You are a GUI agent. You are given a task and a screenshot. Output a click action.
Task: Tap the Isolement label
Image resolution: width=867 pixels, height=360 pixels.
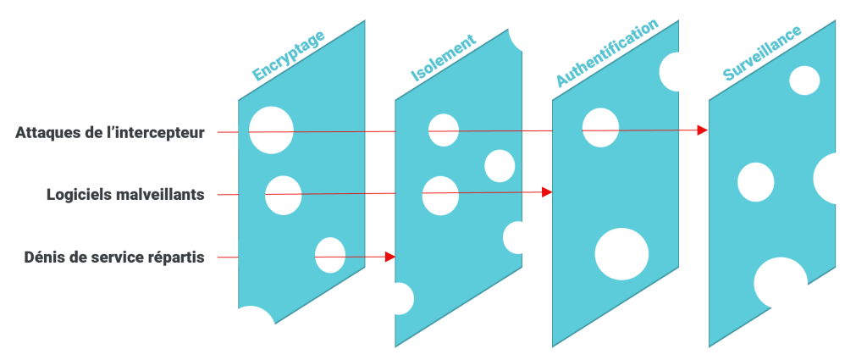tap(443, 58)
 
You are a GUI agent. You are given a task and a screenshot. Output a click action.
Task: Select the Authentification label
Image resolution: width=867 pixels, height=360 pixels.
tap(606, 53)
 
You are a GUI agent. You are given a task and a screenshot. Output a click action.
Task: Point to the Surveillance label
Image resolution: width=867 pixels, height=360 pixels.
tap(762, 53)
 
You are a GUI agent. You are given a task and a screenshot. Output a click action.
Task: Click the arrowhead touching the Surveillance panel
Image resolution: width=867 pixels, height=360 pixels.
tap(703, 130)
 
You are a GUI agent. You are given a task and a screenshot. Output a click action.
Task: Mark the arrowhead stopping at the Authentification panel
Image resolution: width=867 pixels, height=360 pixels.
tap(547, 192)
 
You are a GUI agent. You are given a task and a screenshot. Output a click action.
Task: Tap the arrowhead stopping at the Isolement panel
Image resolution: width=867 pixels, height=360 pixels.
tap(390, 255)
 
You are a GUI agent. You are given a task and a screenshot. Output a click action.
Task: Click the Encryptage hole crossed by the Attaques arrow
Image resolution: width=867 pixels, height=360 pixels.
tap(271, 130)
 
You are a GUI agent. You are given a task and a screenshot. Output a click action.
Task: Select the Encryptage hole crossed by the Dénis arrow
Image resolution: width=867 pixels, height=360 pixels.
tap(330, 255)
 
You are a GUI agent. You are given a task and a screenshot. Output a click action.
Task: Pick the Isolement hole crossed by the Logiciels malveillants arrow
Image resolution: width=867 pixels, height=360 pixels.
tap(440, 196)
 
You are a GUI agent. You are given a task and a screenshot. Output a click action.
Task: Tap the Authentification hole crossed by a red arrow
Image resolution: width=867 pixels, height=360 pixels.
tap(600, 127)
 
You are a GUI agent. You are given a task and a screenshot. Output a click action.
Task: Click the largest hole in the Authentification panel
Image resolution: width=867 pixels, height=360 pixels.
tap(621, 254)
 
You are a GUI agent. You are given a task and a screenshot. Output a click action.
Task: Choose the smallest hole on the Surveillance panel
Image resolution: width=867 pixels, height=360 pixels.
tap(804, 80)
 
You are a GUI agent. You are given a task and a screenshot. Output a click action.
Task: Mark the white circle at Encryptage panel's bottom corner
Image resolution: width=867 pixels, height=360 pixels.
tap(250, 333)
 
